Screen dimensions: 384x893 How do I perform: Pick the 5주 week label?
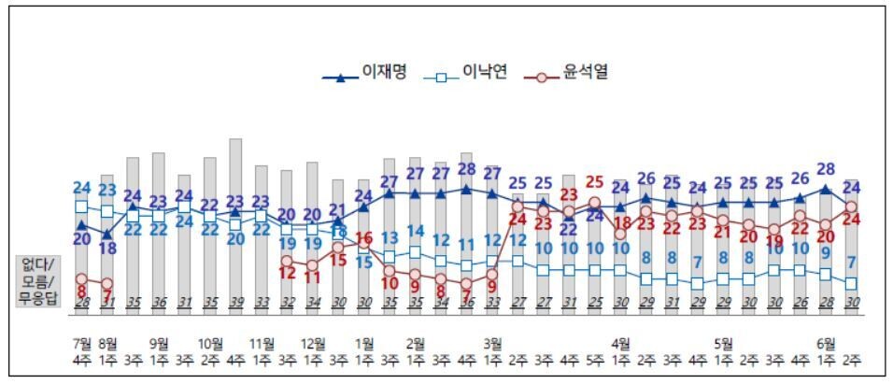pyautogui.click(x=594, y=358)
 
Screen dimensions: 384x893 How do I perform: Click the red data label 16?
pyautogui.click(x=364, y=238)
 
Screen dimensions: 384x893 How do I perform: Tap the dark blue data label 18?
pyautogui.click(x=107, y=249)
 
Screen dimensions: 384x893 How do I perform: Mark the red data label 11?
pyautogui.click(x=313, y=277)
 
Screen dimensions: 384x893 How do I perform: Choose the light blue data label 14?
pyautogui.click(x=416, y=232)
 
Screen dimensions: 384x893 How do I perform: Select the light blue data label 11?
pyautogui.click(x=467, y=246)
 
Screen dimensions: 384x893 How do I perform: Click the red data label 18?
pyautogui.click(x=620, y=223)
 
